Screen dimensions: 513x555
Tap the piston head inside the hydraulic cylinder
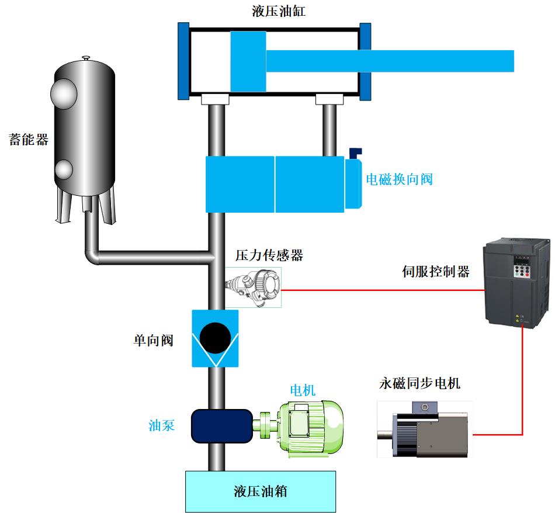[248, 61]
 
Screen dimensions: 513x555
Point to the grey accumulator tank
[84, 129]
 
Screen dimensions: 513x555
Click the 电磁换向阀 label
[399, 179]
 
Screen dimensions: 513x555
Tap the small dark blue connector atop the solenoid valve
[355, 152]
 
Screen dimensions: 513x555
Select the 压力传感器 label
[269, 255]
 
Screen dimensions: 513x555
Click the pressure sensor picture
[254, 287]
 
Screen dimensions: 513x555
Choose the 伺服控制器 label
[436, 272]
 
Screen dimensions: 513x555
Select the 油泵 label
[162, 425]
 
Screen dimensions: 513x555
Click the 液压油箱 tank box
[261, 490]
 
